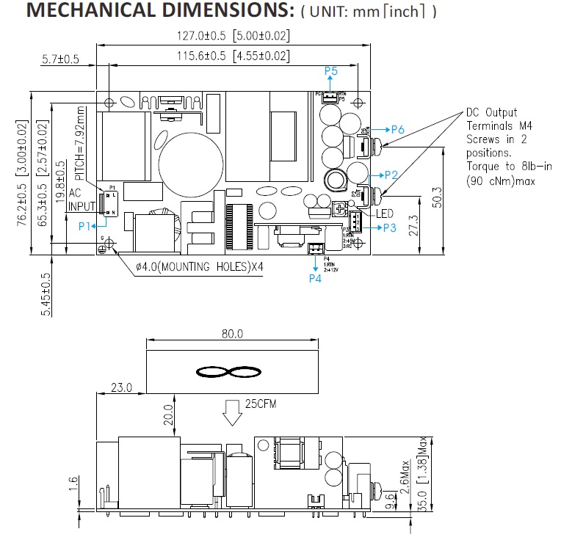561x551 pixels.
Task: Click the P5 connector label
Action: coord(330,71)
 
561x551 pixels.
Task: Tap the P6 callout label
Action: coord(397,129)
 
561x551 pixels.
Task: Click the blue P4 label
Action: coord(315,279)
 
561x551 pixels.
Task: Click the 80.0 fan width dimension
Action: coord(233,334)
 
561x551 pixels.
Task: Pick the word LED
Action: coord(386,214)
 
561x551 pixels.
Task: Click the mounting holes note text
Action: coord(199,267)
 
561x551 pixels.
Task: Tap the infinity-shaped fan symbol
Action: coord(233,372)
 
